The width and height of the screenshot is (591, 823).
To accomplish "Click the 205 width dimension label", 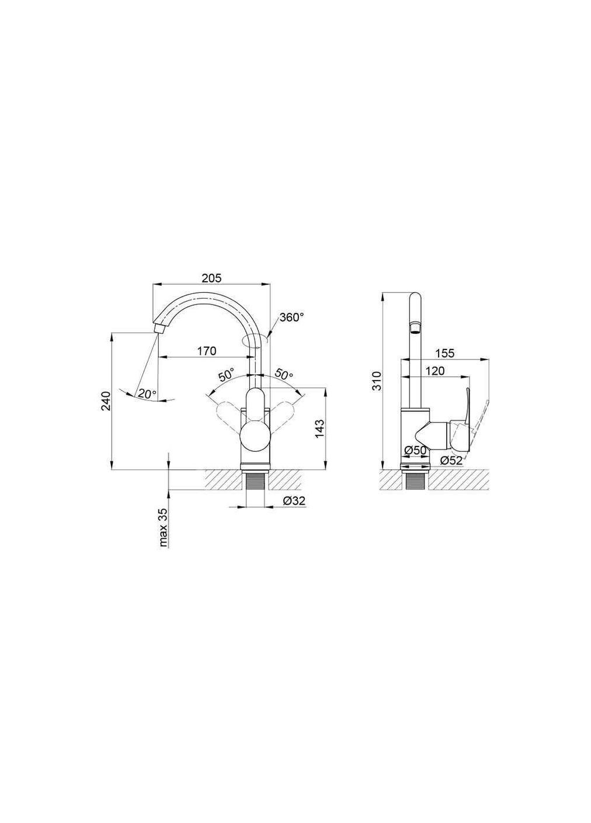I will coord(211,279).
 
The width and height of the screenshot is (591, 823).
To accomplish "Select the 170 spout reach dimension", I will coord(206,351).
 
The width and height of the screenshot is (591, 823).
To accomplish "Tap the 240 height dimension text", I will coord(106,401).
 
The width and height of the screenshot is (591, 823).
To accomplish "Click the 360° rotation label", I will coord(292,317).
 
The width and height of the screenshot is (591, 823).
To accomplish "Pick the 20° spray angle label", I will coord(147,393).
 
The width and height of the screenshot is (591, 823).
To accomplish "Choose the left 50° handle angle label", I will coord(226,375).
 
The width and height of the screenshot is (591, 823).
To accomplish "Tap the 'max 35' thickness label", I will coord(164,527).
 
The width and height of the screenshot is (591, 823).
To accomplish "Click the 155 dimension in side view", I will coord(444,354).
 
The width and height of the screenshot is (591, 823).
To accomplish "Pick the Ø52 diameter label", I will coord(451,460).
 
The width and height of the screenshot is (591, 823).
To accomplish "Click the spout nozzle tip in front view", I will coord(158,327).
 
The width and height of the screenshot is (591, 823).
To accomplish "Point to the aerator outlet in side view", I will coord(414,327).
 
